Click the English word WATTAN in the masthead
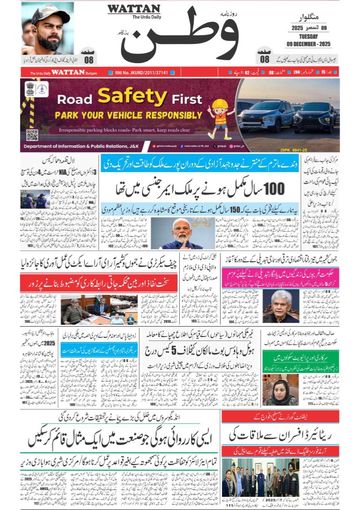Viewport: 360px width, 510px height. tap(133, 9)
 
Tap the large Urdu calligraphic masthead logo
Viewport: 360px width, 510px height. tap(182, 36)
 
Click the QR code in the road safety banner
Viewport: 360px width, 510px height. tap(32, 135)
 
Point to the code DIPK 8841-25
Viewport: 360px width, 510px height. tap(321, 148)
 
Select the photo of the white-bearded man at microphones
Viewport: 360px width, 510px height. tap(182, 233)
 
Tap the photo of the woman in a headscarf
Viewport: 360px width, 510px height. tap(281, 390)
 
